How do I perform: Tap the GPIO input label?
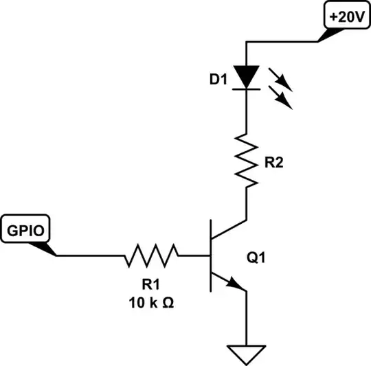pyautogui.click(x=26, y=229)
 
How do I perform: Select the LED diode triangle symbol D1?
pyautogui.click(x=247, y=76)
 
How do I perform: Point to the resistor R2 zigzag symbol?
pyautogui.click(x=247, y=159)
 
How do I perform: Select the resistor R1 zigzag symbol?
pyautogui.click(x=151, y=256)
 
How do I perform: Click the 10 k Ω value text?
pyautogui.click(x=150, y=301)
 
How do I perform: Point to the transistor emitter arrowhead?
pyautogui.click(x=237, y=283)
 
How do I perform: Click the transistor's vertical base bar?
pyautogui.click(x=211, y=256)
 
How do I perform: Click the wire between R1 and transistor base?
pyautogui.click(x=194, y=256)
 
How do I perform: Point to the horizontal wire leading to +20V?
pyautogui.click(x=282, y=42)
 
